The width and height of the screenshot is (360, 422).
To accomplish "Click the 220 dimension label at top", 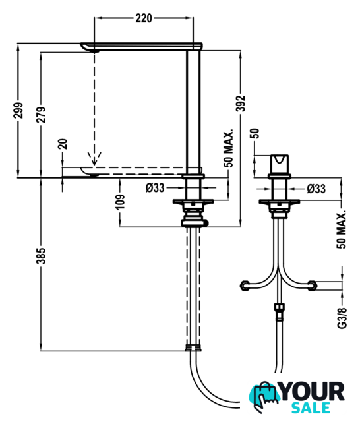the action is point(144,18).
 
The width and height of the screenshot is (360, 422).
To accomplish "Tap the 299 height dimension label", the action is point(18,110).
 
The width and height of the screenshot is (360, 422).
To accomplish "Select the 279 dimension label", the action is point(41,115).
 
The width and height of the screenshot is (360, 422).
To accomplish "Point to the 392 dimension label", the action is point(240,103).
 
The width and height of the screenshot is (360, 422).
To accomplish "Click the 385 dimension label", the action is point(41,256).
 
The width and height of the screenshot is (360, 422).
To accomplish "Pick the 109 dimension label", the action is point(120,202).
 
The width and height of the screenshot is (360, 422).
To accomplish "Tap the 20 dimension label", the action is point(63,144).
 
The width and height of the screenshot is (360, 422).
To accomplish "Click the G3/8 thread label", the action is point(342,318).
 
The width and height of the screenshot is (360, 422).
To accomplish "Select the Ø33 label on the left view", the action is point(155,187).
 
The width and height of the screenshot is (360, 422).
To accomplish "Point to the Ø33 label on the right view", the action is point(316,189).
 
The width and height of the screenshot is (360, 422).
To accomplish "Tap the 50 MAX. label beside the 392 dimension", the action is point(228,149).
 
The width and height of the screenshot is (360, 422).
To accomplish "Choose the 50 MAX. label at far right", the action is point(342,229).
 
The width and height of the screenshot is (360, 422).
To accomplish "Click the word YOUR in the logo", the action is point(313,392).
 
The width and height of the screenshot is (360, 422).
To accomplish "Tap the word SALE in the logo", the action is point(311,408).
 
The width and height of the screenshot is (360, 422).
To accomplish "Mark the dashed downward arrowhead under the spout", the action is point(94,159).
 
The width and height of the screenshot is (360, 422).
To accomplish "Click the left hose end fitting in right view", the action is point(245,286).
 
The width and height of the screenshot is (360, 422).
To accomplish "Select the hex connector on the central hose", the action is point(279,312).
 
